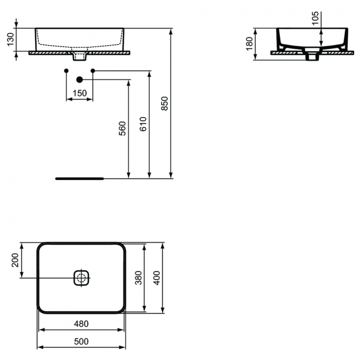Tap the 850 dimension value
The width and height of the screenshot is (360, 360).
pos(165,104)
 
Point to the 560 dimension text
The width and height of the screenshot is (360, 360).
pos(122,129)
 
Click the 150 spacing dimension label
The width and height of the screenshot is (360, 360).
pos(80,93)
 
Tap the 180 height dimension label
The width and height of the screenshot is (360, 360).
pos(249,44)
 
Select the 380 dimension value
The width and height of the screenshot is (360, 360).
pos(138,278)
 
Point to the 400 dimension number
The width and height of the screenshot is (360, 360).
pos(156,277)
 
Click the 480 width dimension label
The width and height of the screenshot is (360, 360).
pos(82,324)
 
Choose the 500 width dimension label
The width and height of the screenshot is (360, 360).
pos(82,341)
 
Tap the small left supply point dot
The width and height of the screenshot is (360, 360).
pos(66,71)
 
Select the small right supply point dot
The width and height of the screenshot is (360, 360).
pos(93,71)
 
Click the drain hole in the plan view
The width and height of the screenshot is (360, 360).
pos(82,277)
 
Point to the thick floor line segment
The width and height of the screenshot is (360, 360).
pos(80,178)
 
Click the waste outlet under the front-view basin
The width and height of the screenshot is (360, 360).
pos(80,57)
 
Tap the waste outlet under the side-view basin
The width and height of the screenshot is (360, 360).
pos(312,57)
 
